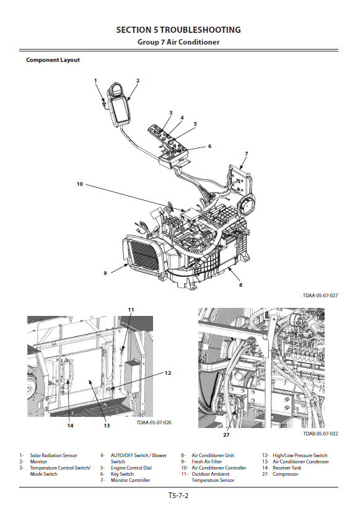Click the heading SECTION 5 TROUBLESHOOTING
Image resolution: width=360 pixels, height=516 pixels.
pos(178,30)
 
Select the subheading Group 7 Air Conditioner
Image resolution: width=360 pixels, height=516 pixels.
pos(178,42)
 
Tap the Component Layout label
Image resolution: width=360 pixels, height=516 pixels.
pos(53,60)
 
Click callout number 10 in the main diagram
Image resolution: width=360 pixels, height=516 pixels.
pos(80,184)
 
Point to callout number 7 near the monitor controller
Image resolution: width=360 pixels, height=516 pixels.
pos(247,154)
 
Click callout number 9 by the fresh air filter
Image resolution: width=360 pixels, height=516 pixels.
pos(105,273)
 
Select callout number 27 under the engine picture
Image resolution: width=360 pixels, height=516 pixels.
pos(226,435)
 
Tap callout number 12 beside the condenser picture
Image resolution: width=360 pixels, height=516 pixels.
pos(168,373)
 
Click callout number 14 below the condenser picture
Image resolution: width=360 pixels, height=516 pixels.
pos(71,426)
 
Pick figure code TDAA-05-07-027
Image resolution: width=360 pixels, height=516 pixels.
pos(320,295)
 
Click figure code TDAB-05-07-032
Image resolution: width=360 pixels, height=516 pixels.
pos(320,434)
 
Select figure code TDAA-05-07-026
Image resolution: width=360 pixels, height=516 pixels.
pos(154,422)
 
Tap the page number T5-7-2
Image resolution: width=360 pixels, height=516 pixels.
pos(178,496)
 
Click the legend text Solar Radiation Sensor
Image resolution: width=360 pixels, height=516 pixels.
pos(54,455)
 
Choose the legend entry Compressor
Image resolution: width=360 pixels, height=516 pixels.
pos(285,474)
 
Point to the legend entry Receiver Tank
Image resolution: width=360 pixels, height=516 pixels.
pos(287,468)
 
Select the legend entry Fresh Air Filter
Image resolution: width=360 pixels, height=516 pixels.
pos(207,461)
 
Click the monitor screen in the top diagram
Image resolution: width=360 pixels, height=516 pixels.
pos(119,110)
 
